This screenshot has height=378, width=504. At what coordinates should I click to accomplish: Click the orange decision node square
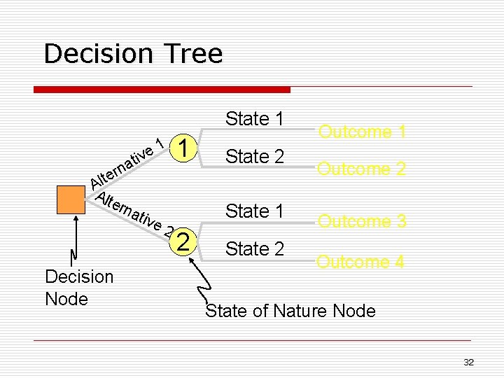point(70,199)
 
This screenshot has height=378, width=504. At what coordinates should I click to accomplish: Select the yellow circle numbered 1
point(183,148)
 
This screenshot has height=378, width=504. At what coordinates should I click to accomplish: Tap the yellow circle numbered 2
point(183,241)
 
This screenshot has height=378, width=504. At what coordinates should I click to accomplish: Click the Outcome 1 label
point(363,132)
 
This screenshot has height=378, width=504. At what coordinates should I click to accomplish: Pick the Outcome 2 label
point(361,169)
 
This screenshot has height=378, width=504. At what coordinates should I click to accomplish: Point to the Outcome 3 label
point(361,221)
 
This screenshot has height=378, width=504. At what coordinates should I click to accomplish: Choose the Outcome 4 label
point(360,262)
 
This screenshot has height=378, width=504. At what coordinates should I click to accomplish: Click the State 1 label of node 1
point(254,119)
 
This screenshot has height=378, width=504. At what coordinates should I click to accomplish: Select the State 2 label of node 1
point(254,157)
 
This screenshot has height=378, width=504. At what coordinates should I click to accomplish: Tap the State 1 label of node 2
point(254,211)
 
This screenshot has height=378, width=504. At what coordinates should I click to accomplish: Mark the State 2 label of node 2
point(254,248)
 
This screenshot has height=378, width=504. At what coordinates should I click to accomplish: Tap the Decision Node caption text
point(78,288)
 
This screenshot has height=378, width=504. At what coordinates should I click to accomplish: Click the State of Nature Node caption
point(290,311)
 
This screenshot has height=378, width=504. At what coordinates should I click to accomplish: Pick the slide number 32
point(468,362)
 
